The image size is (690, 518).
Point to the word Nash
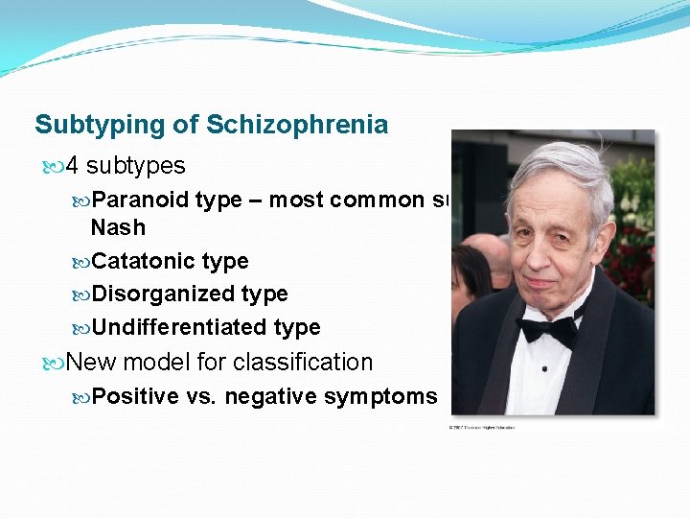(x=118, y=228)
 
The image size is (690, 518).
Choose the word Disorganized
(x=156, y=294)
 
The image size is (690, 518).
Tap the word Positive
(x=135, y=397)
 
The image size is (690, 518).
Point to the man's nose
(x=548, y=252)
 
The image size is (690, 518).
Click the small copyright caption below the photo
(x=482, y=427)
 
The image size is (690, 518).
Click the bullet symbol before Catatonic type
(x=81, y=262)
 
